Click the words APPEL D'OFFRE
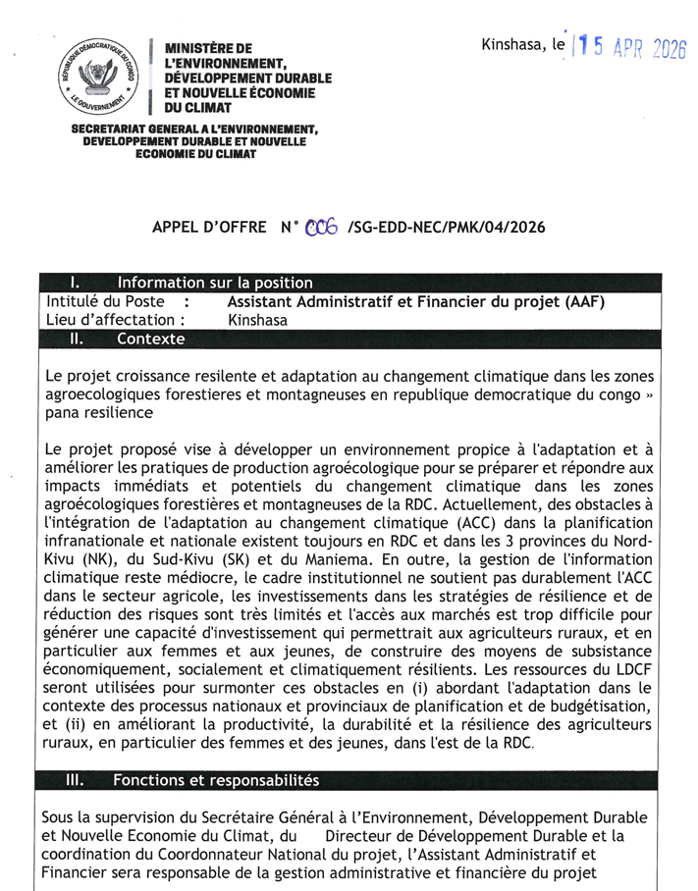209,227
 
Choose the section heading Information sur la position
214,284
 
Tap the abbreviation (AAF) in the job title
583,301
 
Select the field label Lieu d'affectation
115,320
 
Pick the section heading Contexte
150,339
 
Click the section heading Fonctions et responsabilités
216,781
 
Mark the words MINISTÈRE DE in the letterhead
208,48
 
